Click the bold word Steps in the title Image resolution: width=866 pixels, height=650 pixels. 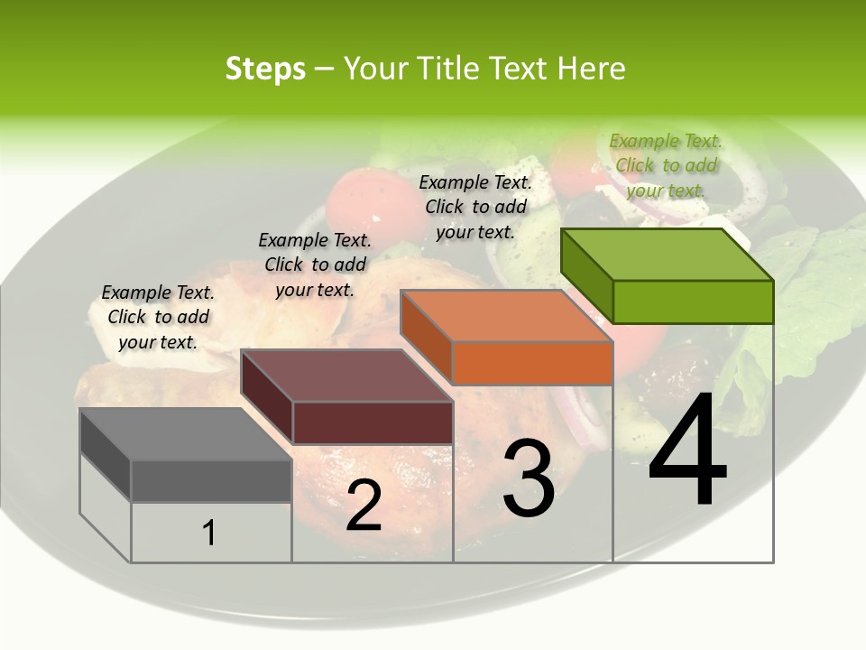(264, 69)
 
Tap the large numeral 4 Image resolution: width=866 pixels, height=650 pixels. (687, 451)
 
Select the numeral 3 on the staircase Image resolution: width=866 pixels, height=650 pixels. (529, 478)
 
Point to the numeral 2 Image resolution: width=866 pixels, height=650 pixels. (364, 506)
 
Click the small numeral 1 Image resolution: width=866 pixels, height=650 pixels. (209, 534)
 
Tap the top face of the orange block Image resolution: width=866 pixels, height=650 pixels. (505, 316)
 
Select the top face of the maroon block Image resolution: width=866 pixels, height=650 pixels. (345, 376)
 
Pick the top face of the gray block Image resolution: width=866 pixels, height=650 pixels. (185, 434)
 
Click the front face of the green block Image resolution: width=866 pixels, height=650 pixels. (693, 302)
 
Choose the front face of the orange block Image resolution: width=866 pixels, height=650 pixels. (532, 363)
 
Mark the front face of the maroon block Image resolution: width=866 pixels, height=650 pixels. (373, 422)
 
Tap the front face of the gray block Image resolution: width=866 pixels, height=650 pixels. (211, 480)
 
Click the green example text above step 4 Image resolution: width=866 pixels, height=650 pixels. (666, 165)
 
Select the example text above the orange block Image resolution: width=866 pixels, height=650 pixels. (475, 207)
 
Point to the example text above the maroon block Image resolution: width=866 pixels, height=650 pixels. (315, 265)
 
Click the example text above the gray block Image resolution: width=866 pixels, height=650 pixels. (158, 317)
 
